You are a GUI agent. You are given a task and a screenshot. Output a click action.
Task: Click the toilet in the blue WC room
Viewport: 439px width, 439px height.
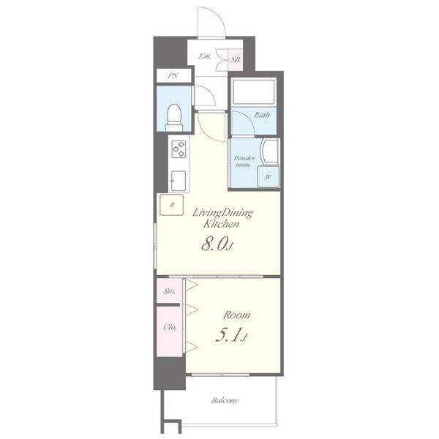pyautogui.click(x=174, y=118)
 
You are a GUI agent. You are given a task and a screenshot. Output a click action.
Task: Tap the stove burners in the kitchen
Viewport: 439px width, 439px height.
pyautogui.click(x=179, y=149)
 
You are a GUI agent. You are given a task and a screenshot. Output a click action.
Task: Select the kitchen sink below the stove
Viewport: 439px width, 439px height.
pyautogui.click(x=179, y=181)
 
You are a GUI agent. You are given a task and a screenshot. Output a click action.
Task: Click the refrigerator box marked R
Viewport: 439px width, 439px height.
pyautogui.click(x=172, y=205)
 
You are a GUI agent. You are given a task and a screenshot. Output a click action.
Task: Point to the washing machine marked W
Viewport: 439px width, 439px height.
pyautogui.click(x=269, y=176)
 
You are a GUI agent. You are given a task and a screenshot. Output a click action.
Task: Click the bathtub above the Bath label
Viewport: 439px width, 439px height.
pyautogui.click(x=254, y=92)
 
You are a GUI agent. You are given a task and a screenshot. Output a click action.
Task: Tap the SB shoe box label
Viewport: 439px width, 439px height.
pyautogui.click(x=235, y=60)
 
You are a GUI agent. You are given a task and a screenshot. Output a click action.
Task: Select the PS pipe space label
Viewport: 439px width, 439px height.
pyautogui.click(x=173, y=75)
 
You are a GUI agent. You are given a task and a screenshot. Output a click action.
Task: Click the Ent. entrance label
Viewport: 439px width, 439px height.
pyautogui.click(x=205, y=56)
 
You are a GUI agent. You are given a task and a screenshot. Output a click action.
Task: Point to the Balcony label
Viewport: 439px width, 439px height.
pyautogui.click(x=225, y=400)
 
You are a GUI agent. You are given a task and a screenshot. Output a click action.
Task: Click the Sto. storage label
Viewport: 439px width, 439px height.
pyautogui.click(x=170, y=291)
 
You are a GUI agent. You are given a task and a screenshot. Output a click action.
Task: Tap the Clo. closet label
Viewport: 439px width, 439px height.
pyautogui.click(x=170, y=327)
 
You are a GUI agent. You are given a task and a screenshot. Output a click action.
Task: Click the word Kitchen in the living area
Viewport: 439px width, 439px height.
pyautogui.click(x=221, y=224)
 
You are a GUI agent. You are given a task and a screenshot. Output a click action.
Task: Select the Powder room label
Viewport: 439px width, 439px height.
pyautogui.click(x=244, y=161)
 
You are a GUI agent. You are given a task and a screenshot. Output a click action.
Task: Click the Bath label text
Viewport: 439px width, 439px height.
pyautogui.click(x=262, y=115)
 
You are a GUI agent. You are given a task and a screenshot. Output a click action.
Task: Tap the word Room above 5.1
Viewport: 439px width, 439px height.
pyautogui.click(x=236, y=315)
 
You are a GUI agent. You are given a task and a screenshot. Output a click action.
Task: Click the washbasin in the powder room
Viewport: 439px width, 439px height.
pyautogui.click(x=269, y=151)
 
